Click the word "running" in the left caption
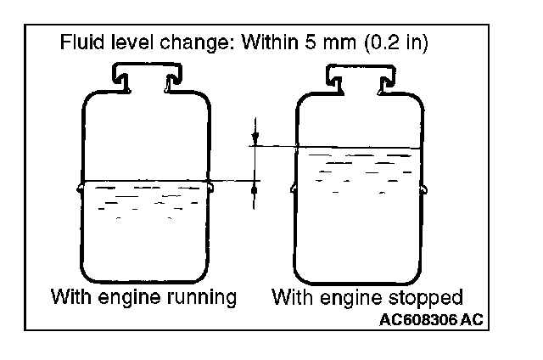201,298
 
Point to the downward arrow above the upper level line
254,135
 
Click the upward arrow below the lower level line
254,192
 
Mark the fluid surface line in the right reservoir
356,146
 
